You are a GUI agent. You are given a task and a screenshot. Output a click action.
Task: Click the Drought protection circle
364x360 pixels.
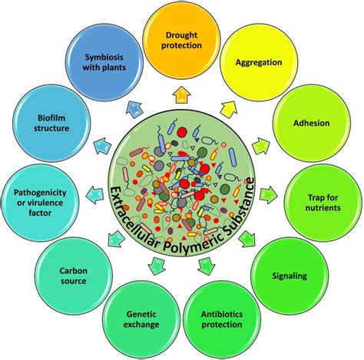pyautogui.click(x=182, y=38)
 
